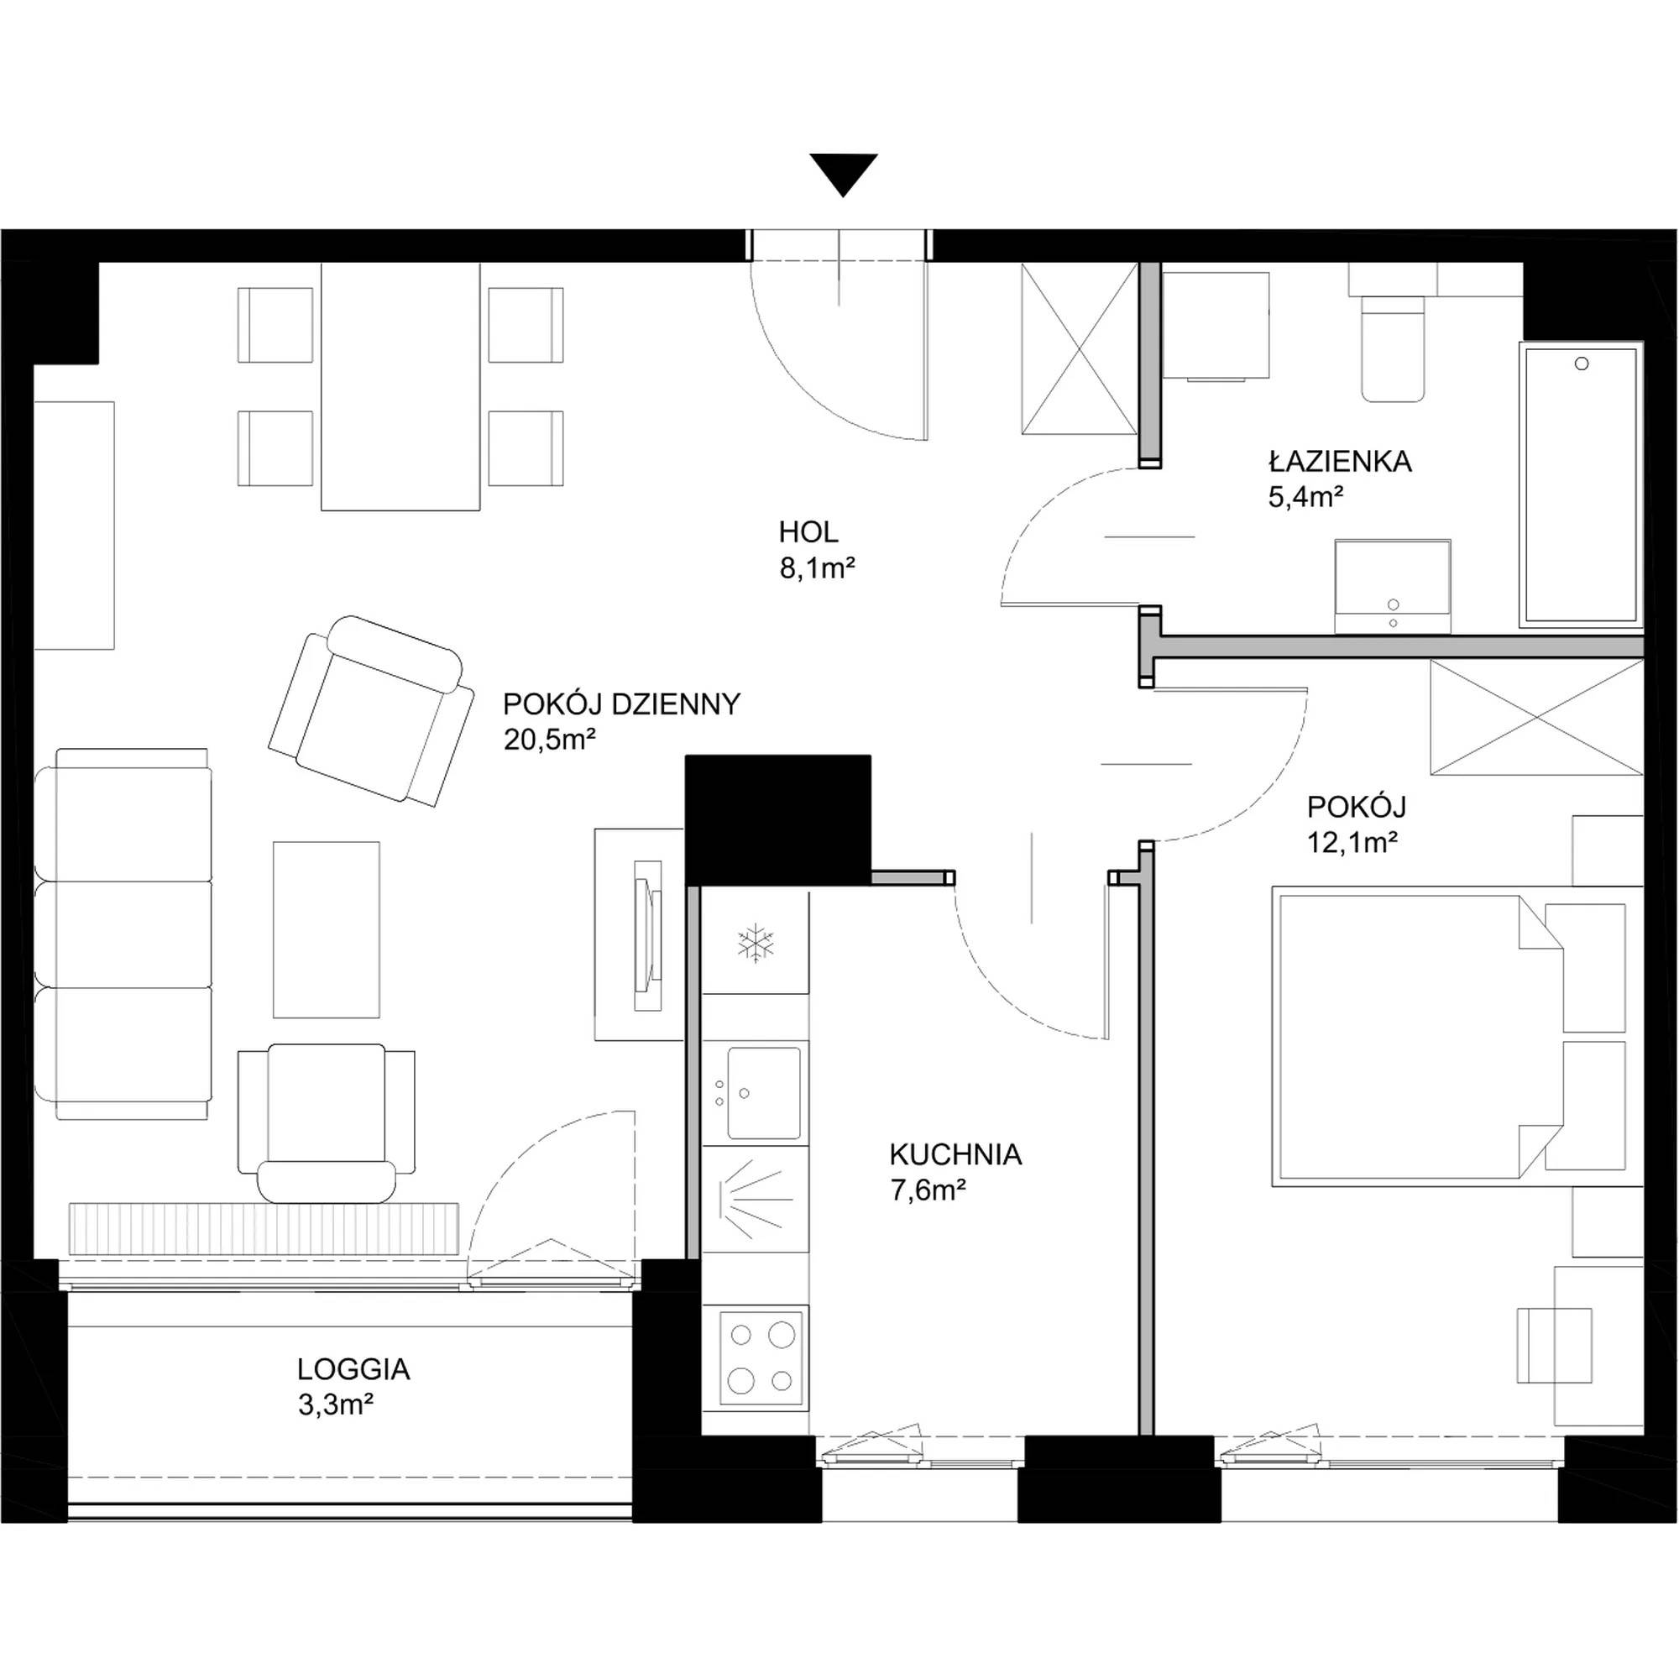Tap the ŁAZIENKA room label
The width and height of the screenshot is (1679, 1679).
pyautogui.click(x=1339, y=461)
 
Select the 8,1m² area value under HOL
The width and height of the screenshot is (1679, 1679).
pyautogui.click(x=817, y=568)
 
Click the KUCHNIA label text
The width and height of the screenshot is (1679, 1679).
pyautogui.click(x=955, y=1154)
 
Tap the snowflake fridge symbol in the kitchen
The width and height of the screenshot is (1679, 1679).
pyautogui.click(x=756, y=944)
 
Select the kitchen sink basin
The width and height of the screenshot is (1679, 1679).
pyautogui.click(x=764, y=1092)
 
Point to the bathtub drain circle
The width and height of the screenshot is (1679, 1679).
pyautogui.click(x=1582, y=364)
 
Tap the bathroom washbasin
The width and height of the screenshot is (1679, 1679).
pyautogui.click(x=1392, y=587)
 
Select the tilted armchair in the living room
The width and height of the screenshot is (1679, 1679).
pyautogui.click(x=372, y=711)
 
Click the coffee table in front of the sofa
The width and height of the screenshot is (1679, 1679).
pyautogui.click(x=326, y=929)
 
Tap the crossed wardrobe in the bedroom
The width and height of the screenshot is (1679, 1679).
pyautogui.click(x=1536, y=717)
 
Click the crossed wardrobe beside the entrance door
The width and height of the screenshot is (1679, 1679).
pyautogui.click(x=1080, y=348)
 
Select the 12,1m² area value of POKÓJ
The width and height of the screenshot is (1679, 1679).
pyautogui.click(x=1352, y=842)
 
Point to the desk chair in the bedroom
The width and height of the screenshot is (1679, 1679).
pyautogui.click(x=1555, y=1357)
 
